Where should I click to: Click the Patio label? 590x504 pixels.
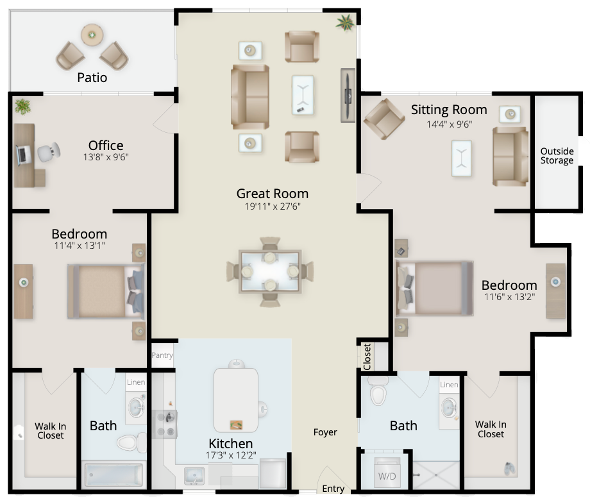pyautogui.click(x=92, y=78)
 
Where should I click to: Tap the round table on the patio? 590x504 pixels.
pyautogui.click(x=92, y=35)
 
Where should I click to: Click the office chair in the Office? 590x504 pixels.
pyautogui.click(x=49, y=152)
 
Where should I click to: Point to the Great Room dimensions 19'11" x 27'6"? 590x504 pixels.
pyautogui.click(x=273, y=206)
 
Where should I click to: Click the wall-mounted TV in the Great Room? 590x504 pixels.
pyautogui.click(x=348, y=96)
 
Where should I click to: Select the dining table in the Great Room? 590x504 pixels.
pyautogui.click(x=270, y=272)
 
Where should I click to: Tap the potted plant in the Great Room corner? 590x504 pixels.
pyautogui.click(x=346, y=22)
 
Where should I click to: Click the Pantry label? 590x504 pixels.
pyautogui.click(x=162, y=355)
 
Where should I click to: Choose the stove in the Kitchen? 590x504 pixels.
pyautogui.click(x=166, y=424)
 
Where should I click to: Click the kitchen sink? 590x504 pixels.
pyautogui.click(x=194, y=475)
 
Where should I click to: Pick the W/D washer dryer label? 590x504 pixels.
pyautogui.click(x=387, y=476)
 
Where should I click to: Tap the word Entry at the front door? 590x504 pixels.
pyautogui.click(x=333, y=489)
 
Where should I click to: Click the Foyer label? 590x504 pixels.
pyautogui.click(x=325, y=433)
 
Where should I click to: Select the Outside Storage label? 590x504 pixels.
pyautogui.click(x=557, y=156)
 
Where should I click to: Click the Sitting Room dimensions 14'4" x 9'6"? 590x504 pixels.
pyautogui.click(x=450, y=124)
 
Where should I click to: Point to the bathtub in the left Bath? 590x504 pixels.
pyautogui.click(x=114, y=475)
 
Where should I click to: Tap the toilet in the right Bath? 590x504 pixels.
pyautogui.click(x=378, y=391)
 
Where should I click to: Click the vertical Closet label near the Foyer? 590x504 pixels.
pyautogui.click(x=367, y=357)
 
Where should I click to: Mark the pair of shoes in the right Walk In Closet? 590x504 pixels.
pyautogui.click(x=510, y=468)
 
